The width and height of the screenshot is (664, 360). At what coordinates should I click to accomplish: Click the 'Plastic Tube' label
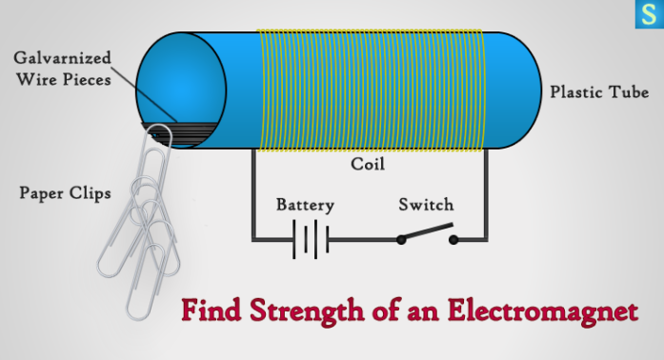click(599, 92)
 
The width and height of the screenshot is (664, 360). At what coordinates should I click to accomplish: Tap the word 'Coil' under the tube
click(367, 165)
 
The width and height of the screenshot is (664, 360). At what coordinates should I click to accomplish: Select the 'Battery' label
click(304, 205)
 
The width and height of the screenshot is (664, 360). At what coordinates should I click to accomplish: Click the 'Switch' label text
click(426, 205)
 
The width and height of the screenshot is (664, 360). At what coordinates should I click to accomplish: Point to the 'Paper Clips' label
click(65, 193)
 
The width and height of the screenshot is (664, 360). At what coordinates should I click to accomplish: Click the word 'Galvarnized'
click(63, 57)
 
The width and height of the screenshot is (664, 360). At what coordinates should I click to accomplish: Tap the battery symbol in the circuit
click(310, 239)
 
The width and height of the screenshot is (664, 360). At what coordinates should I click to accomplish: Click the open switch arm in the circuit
click(427, 232)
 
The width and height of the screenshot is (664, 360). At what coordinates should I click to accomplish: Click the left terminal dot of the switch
click(400, 239)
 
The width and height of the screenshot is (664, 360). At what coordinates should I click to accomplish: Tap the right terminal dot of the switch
click(453, 239)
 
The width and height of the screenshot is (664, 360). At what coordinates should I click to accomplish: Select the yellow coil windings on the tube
click(372, 90)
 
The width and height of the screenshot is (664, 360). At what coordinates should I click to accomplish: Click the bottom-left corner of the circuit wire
click(252, 239)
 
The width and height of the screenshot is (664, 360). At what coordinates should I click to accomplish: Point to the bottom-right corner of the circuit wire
click(487, 239)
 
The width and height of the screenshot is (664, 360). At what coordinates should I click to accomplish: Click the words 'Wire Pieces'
click(64, 80)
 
